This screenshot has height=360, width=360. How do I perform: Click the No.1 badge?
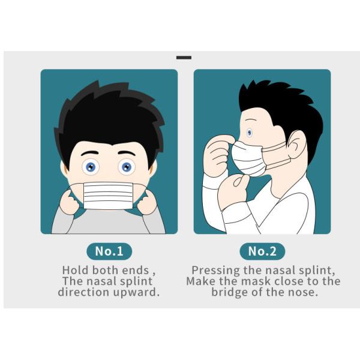click(109, 251)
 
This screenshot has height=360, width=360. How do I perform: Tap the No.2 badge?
click(262, 251)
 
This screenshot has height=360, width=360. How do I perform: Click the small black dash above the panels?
click(184, 58)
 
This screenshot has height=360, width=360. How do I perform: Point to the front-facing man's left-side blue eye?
click(91, 167)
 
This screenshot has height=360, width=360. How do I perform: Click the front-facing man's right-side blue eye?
click(127, 167)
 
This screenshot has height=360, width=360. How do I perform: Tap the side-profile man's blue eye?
click(250, 133)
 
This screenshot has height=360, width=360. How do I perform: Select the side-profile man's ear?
click(297, 145)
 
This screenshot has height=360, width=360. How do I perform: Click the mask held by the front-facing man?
click(108, 196)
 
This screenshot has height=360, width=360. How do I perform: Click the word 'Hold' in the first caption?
click(76, 270)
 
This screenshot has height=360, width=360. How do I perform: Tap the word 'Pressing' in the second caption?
click(215, 271)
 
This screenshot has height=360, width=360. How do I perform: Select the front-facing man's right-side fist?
click(148, 202)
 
